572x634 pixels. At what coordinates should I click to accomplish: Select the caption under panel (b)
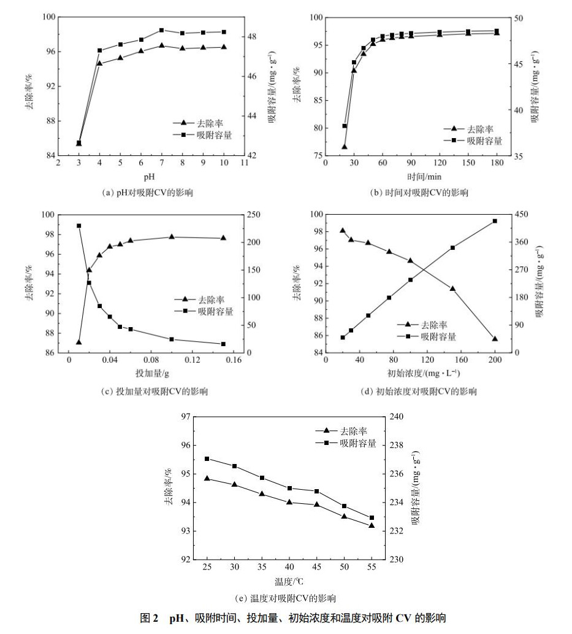(419, 193)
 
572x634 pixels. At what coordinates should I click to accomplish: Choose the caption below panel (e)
(286, 598)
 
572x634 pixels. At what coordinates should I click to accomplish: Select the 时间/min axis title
(419, 177)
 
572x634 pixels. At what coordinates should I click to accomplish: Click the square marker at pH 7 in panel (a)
(161, 30)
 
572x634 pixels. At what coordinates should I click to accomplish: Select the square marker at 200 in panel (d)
(495, 221)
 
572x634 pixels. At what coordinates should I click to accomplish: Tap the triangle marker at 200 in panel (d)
(495, 339)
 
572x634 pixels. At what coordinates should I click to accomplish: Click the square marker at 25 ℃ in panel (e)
(207, 458)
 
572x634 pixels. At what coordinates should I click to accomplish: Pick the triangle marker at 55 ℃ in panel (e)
(372, 525)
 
